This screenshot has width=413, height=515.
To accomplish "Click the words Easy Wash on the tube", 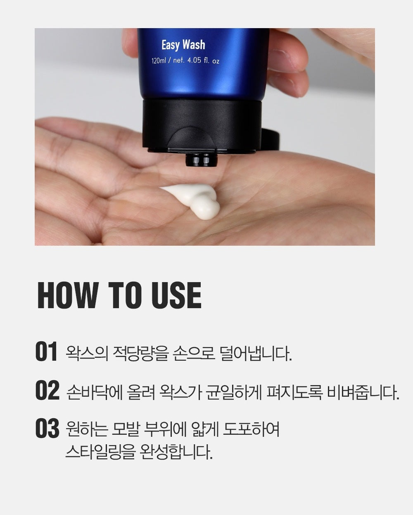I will [183, 45].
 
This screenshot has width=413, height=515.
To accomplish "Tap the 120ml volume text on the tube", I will [159, 61].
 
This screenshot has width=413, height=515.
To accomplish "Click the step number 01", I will [46, 352].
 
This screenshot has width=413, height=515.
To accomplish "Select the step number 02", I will [47, 390].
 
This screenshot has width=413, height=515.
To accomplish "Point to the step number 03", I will [47, 429].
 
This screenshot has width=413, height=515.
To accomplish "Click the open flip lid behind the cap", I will [270, 139].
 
